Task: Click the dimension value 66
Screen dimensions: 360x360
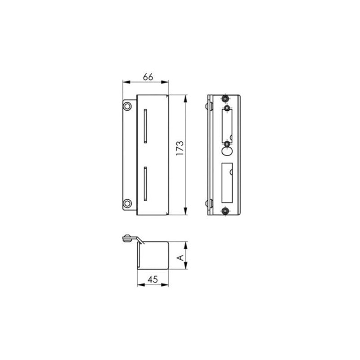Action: click(148, 76)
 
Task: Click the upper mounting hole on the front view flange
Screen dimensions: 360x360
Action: click(127, 106)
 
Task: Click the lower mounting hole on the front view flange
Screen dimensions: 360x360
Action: click(127, 203)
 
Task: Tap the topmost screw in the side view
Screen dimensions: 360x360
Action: click(225, 99)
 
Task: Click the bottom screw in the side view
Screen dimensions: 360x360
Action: click(225, 210)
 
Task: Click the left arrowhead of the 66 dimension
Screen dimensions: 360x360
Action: click(126, 82)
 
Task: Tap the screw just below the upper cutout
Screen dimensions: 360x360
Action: click(227, 144)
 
